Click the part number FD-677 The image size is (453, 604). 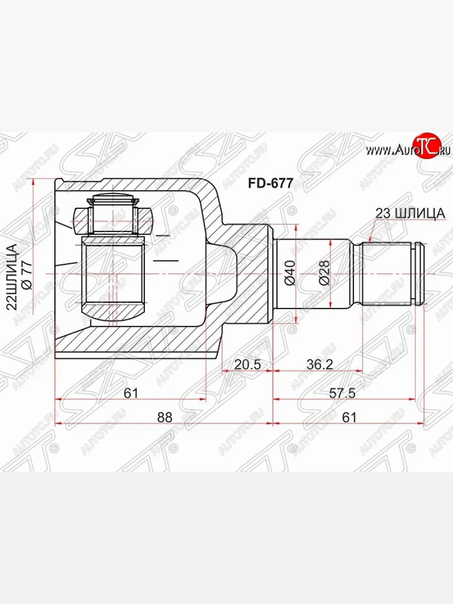pos(270,183)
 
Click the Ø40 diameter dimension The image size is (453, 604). pos(291,273)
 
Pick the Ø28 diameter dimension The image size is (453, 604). pos(324,273)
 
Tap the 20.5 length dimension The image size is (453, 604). pos(247,364)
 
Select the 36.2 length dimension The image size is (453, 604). pos(320,364)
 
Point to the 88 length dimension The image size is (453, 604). pos(165,417)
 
